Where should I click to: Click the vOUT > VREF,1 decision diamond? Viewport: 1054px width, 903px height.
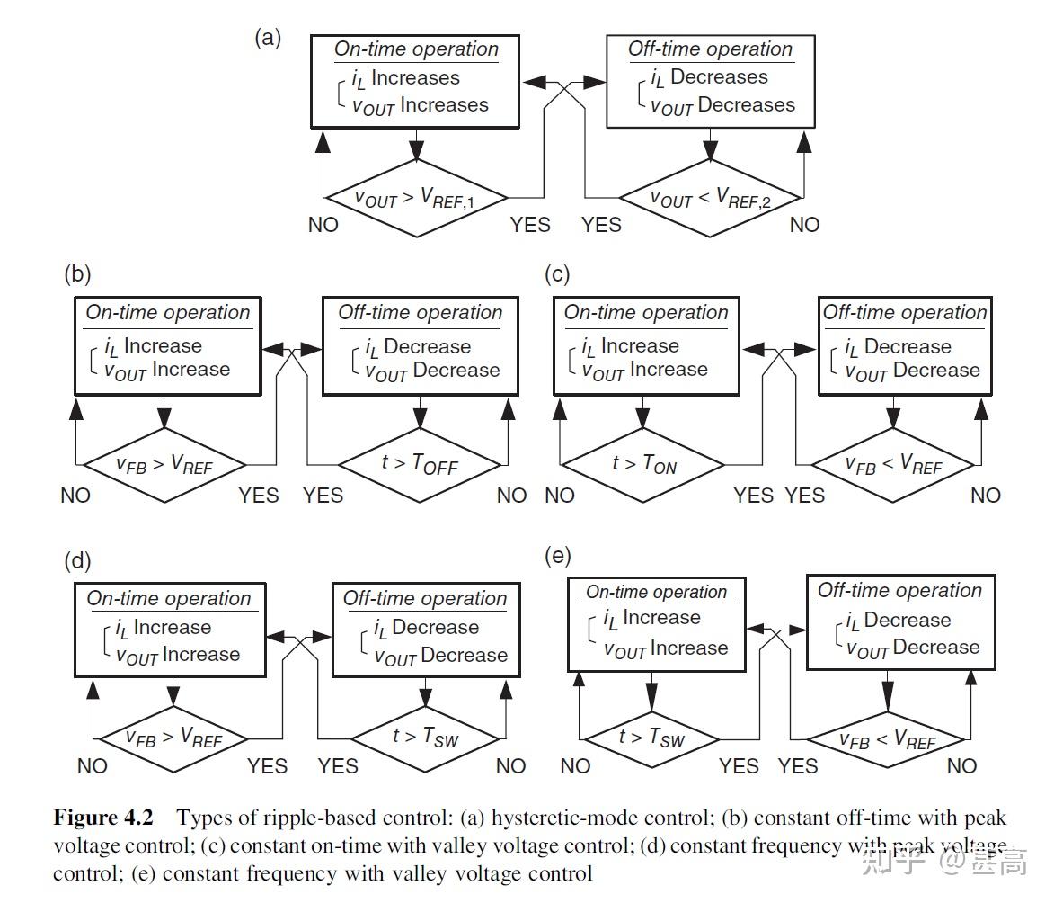pyautogui.click(x=416, y=198)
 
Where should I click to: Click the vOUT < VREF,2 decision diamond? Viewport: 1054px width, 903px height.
pyautogui.click(x=711, y=199)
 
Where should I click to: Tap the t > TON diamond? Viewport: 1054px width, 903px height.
pyautogui.click(x=643, y=464)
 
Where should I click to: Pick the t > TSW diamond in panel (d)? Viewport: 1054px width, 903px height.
pyautogui.click(x=423, y=738)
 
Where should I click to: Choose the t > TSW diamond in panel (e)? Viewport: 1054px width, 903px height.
pyautogui.click(x=651, y=738)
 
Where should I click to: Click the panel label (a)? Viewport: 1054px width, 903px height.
pyautogui.click(x=268, y=38)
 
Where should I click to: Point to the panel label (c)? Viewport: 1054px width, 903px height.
pyautogui.click(x=557, y=274)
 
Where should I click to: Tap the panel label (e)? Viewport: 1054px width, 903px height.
pyautogui.click(x=558, y=556)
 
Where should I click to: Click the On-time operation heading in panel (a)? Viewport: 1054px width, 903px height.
pyautogui.click(x=416, y=49)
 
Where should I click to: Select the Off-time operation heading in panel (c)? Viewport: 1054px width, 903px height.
pyautogui.click(x=904, y=313)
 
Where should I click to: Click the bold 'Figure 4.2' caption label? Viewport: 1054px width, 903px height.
pyautogui.click(x=103, y=818)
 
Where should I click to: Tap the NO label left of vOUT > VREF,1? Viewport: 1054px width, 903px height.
pyautogui.click(x=323, y=225)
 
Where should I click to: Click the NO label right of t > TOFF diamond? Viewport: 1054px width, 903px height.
pyautogui.click(x=511, y=496)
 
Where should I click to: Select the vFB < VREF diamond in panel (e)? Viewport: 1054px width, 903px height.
pyautogui.click(x=886, y=739)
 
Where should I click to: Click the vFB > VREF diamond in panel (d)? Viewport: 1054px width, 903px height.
pyautogui.click(x=173, y=738)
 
